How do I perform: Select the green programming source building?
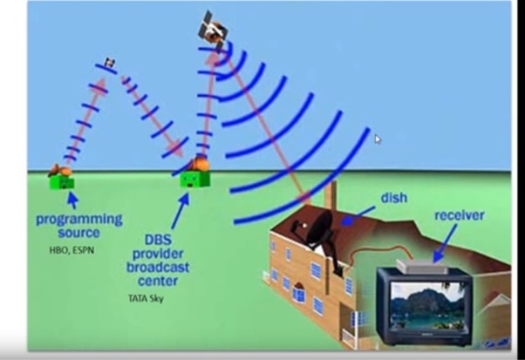pyautogui.click(x=62, y=180)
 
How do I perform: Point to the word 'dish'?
pyautogui.click(x=393, y=199)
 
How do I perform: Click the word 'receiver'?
pyautogui.click(x=460, y=215)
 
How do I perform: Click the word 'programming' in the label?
pyautogui.click(x=78, y=219)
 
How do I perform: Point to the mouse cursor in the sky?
pyautogui.click(x=377, y=139)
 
